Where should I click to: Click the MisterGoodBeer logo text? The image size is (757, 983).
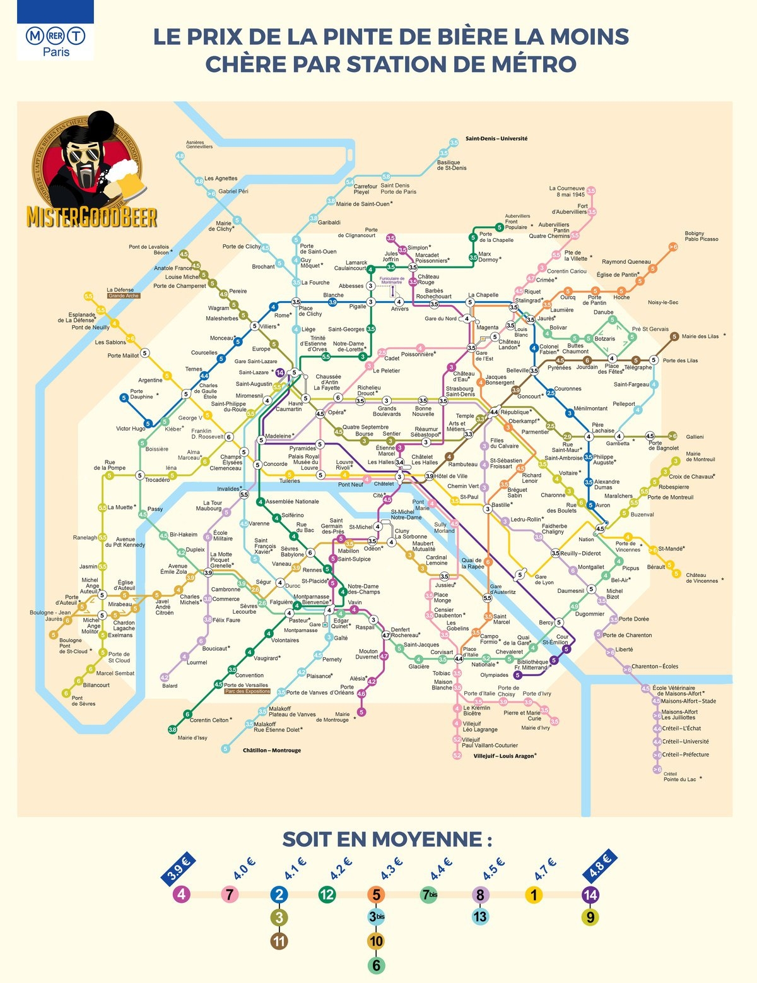pos(91,216)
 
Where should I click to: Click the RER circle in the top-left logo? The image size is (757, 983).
pos(56,37)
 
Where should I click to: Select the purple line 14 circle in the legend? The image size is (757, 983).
pos(590,895)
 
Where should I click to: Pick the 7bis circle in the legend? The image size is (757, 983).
pos(429,895)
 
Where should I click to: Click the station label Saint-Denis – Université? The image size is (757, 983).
pos(496,138)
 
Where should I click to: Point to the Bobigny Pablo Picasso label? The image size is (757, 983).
pos(701,236)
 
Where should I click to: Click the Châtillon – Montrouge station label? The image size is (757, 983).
pos(272,751)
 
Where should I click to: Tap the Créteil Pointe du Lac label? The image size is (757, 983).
pos(680,777)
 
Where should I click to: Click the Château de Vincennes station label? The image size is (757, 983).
pos(696,578)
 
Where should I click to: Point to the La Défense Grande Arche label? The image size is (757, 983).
pos(121,292)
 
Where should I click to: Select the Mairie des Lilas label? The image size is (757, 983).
pos(700,337)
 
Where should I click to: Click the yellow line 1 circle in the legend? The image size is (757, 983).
pos(534,895)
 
